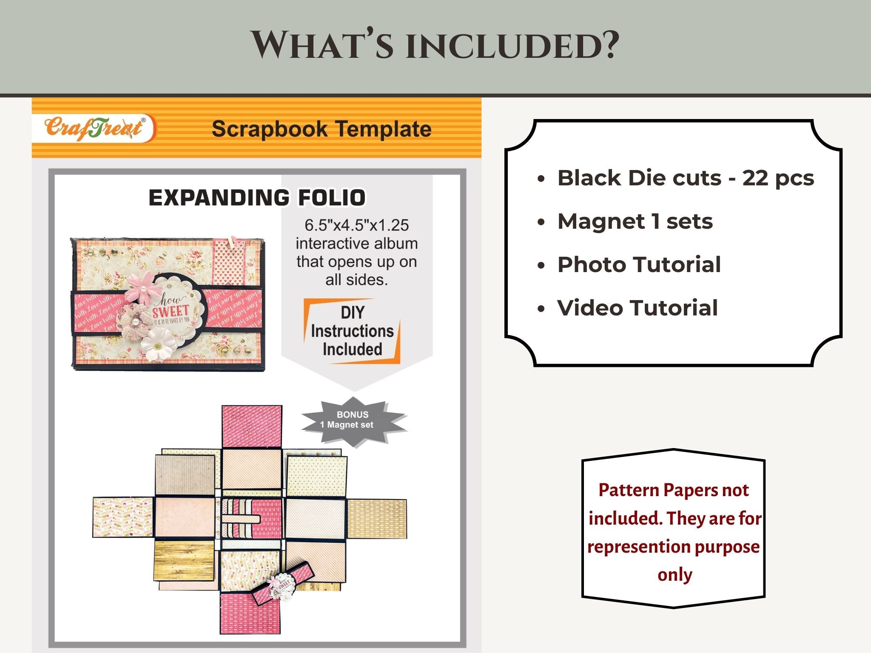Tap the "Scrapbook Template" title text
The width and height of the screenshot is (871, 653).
322,129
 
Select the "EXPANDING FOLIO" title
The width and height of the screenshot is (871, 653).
257,198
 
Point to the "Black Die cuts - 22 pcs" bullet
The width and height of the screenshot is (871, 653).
685,178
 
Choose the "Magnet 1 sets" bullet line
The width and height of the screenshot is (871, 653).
635,221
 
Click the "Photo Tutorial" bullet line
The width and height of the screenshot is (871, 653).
639,264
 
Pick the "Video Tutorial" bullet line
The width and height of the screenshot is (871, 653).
637,308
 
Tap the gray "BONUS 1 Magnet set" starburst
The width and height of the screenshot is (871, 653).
353,420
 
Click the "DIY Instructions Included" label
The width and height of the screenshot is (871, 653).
352,331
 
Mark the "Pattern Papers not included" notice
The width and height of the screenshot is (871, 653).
674,532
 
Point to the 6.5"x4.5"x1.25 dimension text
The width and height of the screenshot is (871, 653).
356,225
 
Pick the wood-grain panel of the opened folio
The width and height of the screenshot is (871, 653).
184,560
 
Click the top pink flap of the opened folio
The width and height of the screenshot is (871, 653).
251,426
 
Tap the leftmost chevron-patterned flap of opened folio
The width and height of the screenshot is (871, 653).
123,517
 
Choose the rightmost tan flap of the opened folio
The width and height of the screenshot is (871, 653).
377,519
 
